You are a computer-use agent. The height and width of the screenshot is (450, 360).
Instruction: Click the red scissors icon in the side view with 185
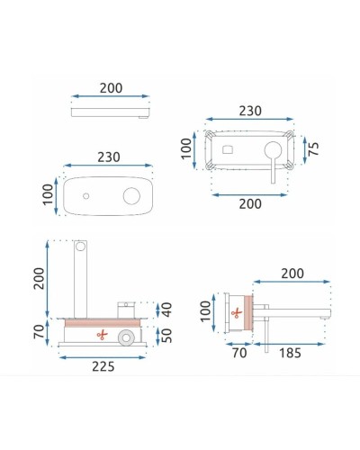tap(237, 313)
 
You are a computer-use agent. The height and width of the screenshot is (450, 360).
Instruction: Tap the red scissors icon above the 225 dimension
tap(102, 336)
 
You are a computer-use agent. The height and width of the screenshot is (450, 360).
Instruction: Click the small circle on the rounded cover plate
tap(85, 195)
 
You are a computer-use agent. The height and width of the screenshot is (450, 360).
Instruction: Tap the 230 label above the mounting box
tap(249, 111)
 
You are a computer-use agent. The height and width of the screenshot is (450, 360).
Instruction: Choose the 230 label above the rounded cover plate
tap(109, 156)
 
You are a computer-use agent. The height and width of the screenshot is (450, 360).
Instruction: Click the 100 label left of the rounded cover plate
tap(47, 194)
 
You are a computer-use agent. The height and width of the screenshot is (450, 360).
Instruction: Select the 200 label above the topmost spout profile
tap(111, 89)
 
